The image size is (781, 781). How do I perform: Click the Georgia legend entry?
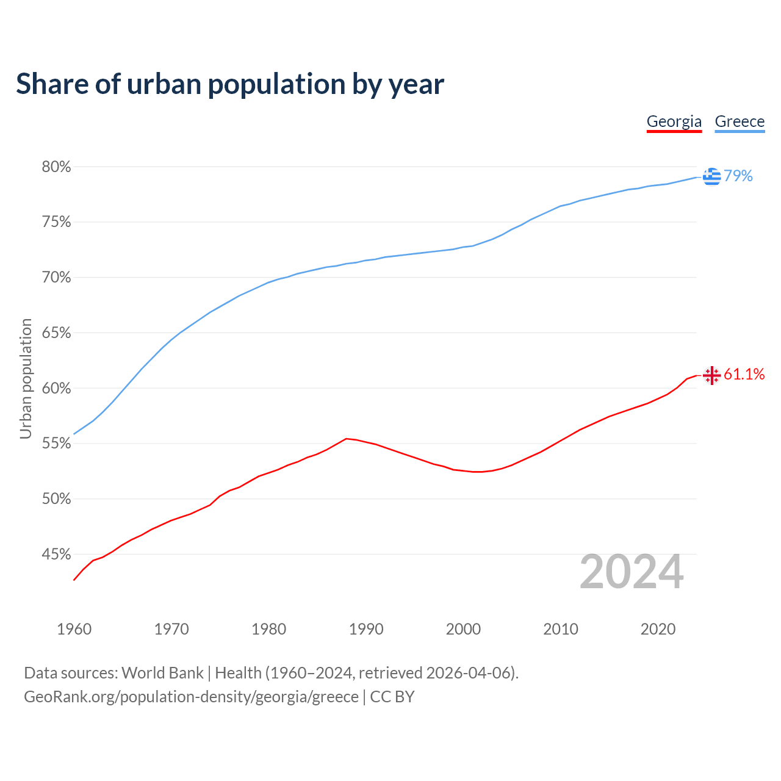click(674, 121)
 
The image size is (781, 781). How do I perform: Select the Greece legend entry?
click(740, 121)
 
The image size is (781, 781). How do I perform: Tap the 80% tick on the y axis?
click(56, 167)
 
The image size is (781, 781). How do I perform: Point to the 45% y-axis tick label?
click(56, 555)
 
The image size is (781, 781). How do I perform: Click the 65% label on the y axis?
click(56, 333)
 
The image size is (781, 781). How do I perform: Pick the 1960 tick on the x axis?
click(74, 629)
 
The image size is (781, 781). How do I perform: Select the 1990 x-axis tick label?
click(366, 629)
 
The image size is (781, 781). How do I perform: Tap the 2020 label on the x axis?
click(658, 629)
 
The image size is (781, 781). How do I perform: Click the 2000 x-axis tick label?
click(463, 629)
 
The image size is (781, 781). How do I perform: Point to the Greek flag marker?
click(711, 176)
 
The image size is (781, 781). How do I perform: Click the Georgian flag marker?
click(711, 375)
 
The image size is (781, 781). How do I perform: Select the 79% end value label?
click(738, 176)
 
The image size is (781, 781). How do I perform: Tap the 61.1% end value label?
click(744, 375)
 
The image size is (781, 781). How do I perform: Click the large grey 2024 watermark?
click(632, 572)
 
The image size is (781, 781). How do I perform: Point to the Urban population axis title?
click(26, 378)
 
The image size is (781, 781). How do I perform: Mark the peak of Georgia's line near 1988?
click(346, 439)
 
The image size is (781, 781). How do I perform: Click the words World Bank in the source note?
click(162, 673)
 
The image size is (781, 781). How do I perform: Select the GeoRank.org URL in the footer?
click(191, 697)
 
